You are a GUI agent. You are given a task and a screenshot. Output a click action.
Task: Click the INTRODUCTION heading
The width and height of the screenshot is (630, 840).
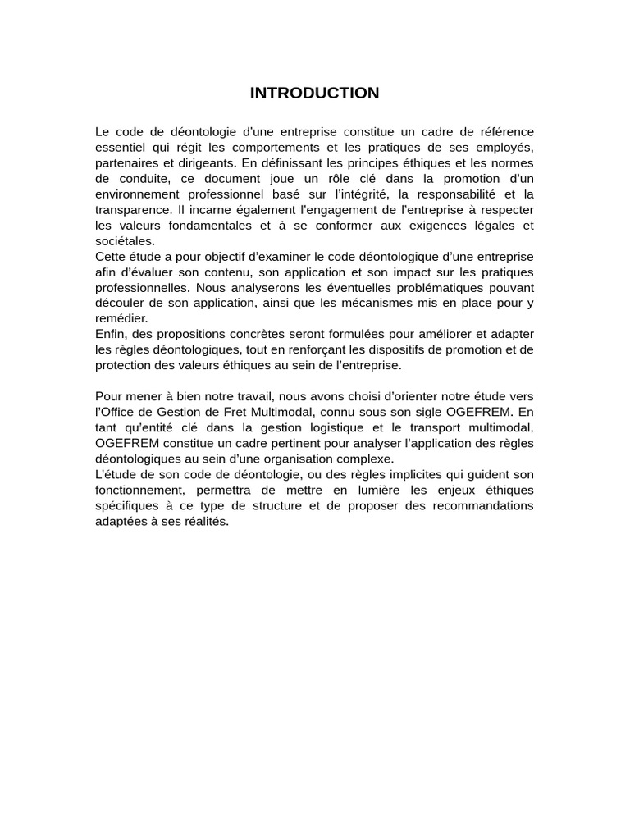pyautogui.click(x=314, y=94)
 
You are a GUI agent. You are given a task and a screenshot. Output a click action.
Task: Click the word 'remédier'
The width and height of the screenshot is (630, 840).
pyautogui.click(x=121, y=318)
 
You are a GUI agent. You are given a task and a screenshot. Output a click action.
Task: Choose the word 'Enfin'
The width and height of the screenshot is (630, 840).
pyautogui.click(x=110, y=335)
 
